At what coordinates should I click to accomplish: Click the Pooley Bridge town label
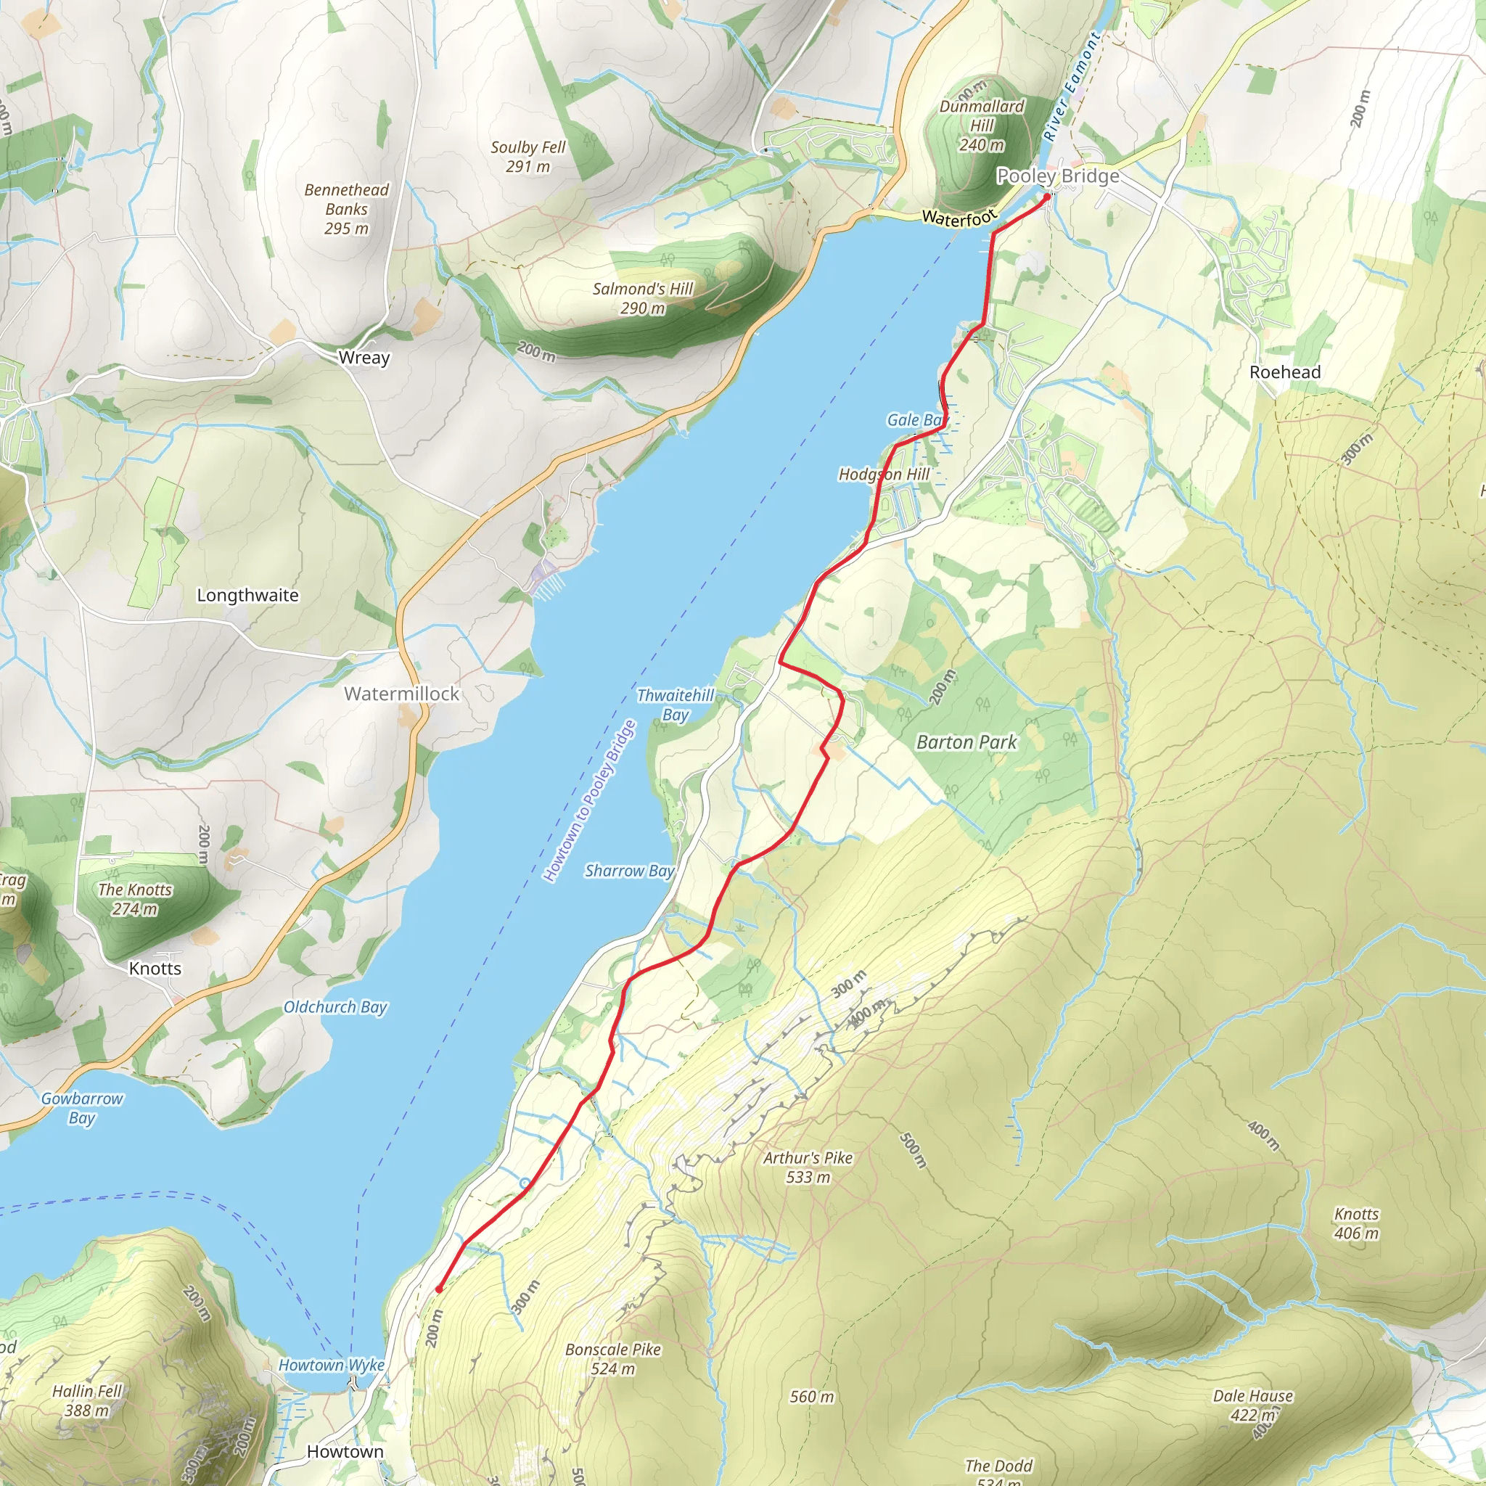[1058, 176]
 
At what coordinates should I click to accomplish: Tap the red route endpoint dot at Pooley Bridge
[1047, 197]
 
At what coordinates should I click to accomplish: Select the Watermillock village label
[401, 694]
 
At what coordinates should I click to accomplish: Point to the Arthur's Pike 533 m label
[808, 1167]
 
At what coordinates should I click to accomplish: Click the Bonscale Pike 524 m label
[613, 1359]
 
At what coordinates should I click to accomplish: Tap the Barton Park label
[966, 742]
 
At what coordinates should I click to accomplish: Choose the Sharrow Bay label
[629, 871]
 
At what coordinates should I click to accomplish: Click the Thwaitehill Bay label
[676, 705]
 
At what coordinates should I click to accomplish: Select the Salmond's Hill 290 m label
[643, 298]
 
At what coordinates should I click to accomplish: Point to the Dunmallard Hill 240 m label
[982, 126]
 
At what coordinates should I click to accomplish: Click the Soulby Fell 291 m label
[528, 157]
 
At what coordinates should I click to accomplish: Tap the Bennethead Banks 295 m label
[346, 209]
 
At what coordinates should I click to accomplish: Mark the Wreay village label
[364, 358]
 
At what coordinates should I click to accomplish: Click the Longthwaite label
[247, 595]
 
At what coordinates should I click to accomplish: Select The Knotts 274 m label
[136, 899]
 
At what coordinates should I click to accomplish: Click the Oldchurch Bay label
[335, 1007]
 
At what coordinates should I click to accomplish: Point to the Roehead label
[1284, 372]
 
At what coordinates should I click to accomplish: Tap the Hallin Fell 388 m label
[87, 1400]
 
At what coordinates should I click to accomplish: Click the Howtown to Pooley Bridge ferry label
[590, 801]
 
